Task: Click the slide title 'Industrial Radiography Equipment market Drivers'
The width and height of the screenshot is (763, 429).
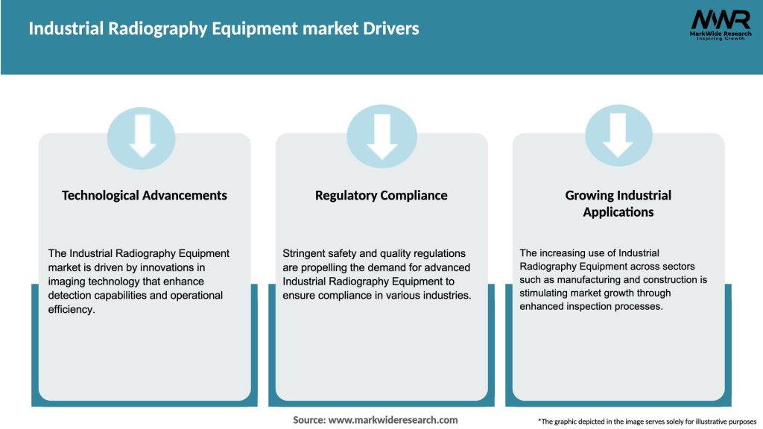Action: pos(224,29)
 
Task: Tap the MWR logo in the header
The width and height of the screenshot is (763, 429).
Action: pos(721,26)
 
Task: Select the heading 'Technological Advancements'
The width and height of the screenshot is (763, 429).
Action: pos(145,195)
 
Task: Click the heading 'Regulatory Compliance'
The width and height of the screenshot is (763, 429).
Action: pos(381,195)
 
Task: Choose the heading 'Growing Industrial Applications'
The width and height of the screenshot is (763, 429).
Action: pos(618,203)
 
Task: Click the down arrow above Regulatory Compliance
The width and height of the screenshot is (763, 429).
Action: pos(381,137)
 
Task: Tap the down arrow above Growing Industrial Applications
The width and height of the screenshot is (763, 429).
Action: pos(618,137)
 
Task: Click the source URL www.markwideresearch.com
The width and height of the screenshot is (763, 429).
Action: pos(393,420)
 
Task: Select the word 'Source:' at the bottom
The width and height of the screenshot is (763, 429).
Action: pos(309,420)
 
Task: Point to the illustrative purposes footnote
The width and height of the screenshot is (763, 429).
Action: pos(647,422)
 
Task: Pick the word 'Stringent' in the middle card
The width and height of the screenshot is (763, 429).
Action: pos(306,254)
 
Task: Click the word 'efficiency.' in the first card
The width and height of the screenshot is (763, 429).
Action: pos(72,309)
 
